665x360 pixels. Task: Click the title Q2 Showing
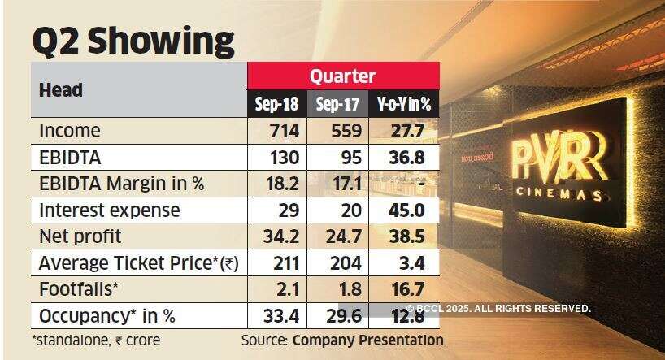[133, 41]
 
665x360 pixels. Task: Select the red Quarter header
[342, 76]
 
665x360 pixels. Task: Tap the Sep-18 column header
[277, 104]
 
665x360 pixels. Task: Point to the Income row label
[70, 131]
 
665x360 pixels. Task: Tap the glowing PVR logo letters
[560, 158]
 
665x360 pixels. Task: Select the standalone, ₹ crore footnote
[97, 340]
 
